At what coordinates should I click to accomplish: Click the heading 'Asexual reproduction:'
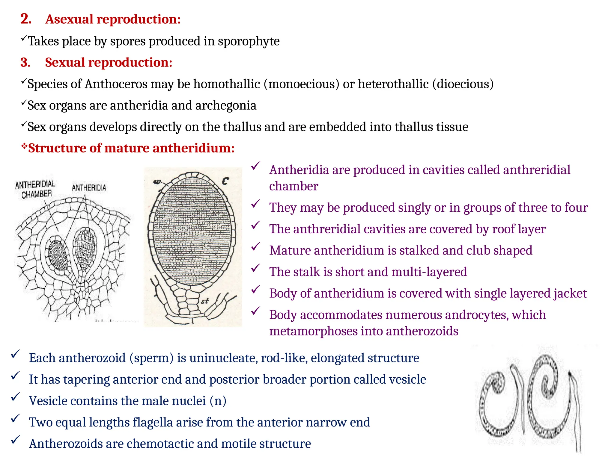pos(113,19)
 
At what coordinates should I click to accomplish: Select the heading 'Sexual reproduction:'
pos(109,63)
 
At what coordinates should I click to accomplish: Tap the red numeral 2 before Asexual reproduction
pos(26,19)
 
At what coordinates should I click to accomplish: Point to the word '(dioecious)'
pos(463,84)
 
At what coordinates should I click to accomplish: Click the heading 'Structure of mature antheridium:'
pos(131,148)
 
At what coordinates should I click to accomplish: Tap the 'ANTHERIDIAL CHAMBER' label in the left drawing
pos(35,189)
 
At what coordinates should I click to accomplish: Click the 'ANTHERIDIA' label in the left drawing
pos(89,188)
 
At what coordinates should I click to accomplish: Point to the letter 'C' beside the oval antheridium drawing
pos(225,181)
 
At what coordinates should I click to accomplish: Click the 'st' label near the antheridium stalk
pos(205,301)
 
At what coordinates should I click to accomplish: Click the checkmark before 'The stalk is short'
pos(256,268)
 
